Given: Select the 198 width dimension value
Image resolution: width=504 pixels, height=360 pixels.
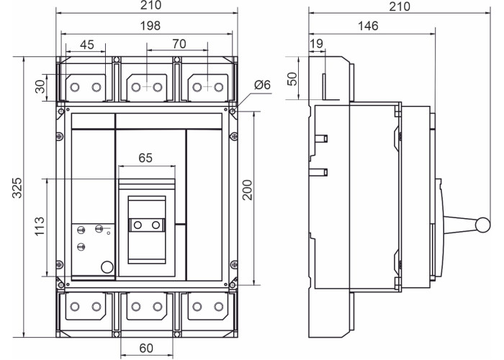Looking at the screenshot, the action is pos(150,26).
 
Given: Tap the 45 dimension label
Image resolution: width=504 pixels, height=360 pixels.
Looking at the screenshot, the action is pos(87,45).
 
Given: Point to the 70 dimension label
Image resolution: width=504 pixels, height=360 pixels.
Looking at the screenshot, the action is pos(179,44).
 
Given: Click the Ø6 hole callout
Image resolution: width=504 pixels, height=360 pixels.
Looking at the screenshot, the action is pos(262,85).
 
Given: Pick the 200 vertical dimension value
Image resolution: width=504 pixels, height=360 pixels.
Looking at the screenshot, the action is pos(248,190).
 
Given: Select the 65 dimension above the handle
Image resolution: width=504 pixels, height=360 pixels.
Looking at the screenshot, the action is pos(145,158).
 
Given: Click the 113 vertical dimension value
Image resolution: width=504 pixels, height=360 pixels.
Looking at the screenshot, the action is pos(40,227).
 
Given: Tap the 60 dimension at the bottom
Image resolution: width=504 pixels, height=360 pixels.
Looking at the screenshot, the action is pos(147,348).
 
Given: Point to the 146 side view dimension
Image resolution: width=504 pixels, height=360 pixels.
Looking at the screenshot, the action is pos(368,26).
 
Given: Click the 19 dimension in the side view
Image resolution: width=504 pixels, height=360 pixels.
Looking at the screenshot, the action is pos(316,44).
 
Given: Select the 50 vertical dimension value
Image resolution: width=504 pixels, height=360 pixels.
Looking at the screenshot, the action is pos(292,78).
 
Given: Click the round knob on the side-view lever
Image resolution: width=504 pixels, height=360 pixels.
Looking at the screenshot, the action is pos(483,225).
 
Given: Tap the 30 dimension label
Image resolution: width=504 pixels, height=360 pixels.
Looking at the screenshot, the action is pos(41,87).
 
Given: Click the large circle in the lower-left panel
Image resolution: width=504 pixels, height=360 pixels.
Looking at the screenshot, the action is pos(107,267).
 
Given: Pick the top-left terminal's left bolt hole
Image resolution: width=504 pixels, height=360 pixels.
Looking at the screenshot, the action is pos(75,87).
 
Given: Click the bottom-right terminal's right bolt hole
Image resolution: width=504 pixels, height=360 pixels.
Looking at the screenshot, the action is pos(219,307).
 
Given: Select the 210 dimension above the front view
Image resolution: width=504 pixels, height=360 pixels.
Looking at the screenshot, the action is pos(150,5).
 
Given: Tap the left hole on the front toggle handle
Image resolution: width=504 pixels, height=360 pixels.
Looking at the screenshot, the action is pos(138,225).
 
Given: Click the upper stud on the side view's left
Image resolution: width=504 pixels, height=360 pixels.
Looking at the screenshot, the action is pos(321,138).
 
